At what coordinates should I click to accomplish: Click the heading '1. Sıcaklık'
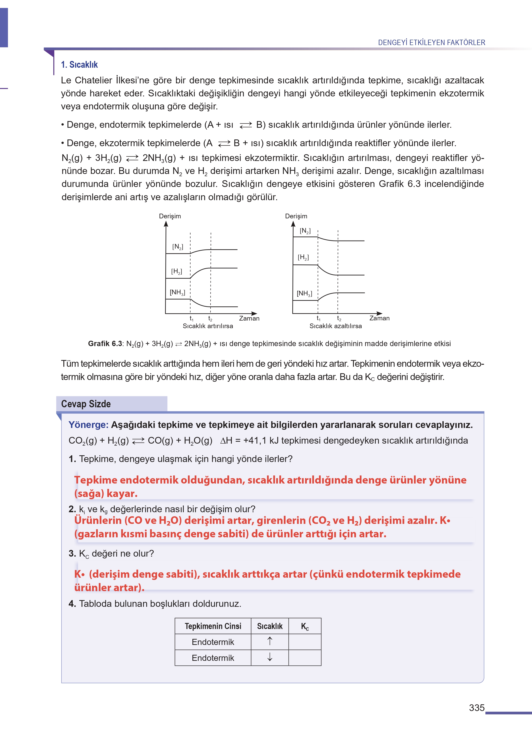point(79,65)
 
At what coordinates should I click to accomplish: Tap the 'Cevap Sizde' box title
point(86,404)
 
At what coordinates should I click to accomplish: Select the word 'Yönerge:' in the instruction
point(88,425)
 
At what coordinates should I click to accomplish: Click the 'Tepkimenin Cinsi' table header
point(213,626)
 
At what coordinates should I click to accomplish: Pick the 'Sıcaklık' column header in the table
point(270,626)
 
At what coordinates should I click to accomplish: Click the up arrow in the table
point(270,641)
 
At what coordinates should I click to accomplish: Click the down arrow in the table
point(270,657)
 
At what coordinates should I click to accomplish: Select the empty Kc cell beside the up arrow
point(305,642)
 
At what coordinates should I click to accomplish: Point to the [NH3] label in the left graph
point(177,292)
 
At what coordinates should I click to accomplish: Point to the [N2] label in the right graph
point(305,231)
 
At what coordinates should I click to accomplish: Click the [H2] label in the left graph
point(177,271)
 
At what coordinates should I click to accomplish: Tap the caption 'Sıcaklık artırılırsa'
point(208,326)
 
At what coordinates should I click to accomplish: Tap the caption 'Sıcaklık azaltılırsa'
point(336,326)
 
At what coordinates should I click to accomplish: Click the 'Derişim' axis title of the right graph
point(296,216)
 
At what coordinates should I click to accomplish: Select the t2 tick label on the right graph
point(339,319)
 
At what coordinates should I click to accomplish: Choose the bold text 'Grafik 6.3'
point(105,343)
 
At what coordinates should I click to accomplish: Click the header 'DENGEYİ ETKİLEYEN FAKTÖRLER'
point(431,43)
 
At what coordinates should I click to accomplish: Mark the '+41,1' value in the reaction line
point(255,440)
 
